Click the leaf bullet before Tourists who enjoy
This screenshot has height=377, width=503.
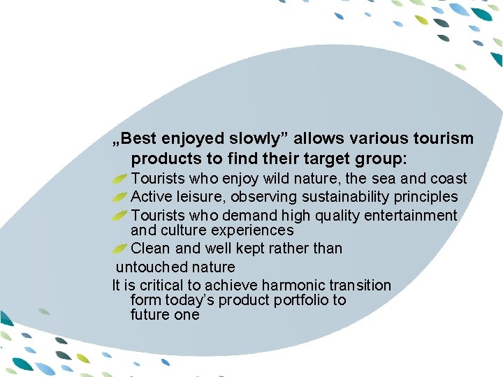[119, 179]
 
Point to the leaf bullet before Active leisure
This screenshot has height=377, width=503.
[119, 198]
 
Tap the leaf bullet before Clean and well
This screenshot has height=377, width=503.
[119, 249]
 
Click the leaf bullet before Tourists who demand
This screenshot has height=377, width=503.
[119, 216]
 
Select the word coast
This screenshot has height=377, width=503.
[447, 179]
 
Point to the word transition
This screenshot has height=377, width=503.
[360, 285]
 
